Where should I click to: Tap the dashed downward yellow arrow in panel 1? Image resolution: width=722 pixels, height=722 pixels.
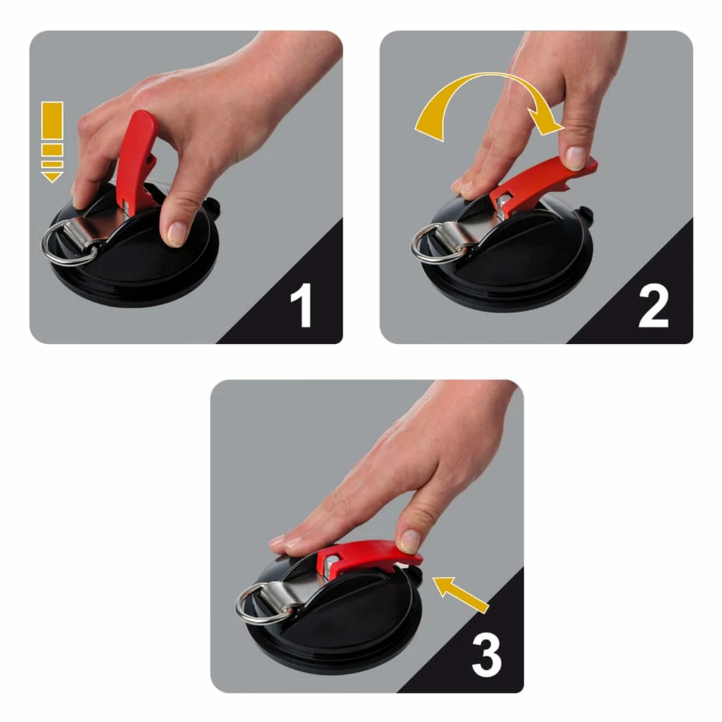point(52,141)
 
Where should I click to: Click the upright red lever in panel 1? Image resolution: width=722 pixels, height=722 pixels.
point(135,159)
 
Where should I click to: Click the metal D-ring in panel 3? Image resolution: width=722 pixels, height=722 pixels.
point(258,606)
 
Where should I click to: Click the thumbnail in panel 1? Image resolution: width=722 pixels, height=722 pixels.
point(176,233)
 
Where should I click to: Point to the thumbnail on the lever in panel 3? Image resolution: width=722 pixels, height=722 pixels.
point(410,541)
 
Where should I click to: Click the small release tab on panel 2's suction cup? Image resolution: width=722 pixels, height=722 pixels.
point(584,212)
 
